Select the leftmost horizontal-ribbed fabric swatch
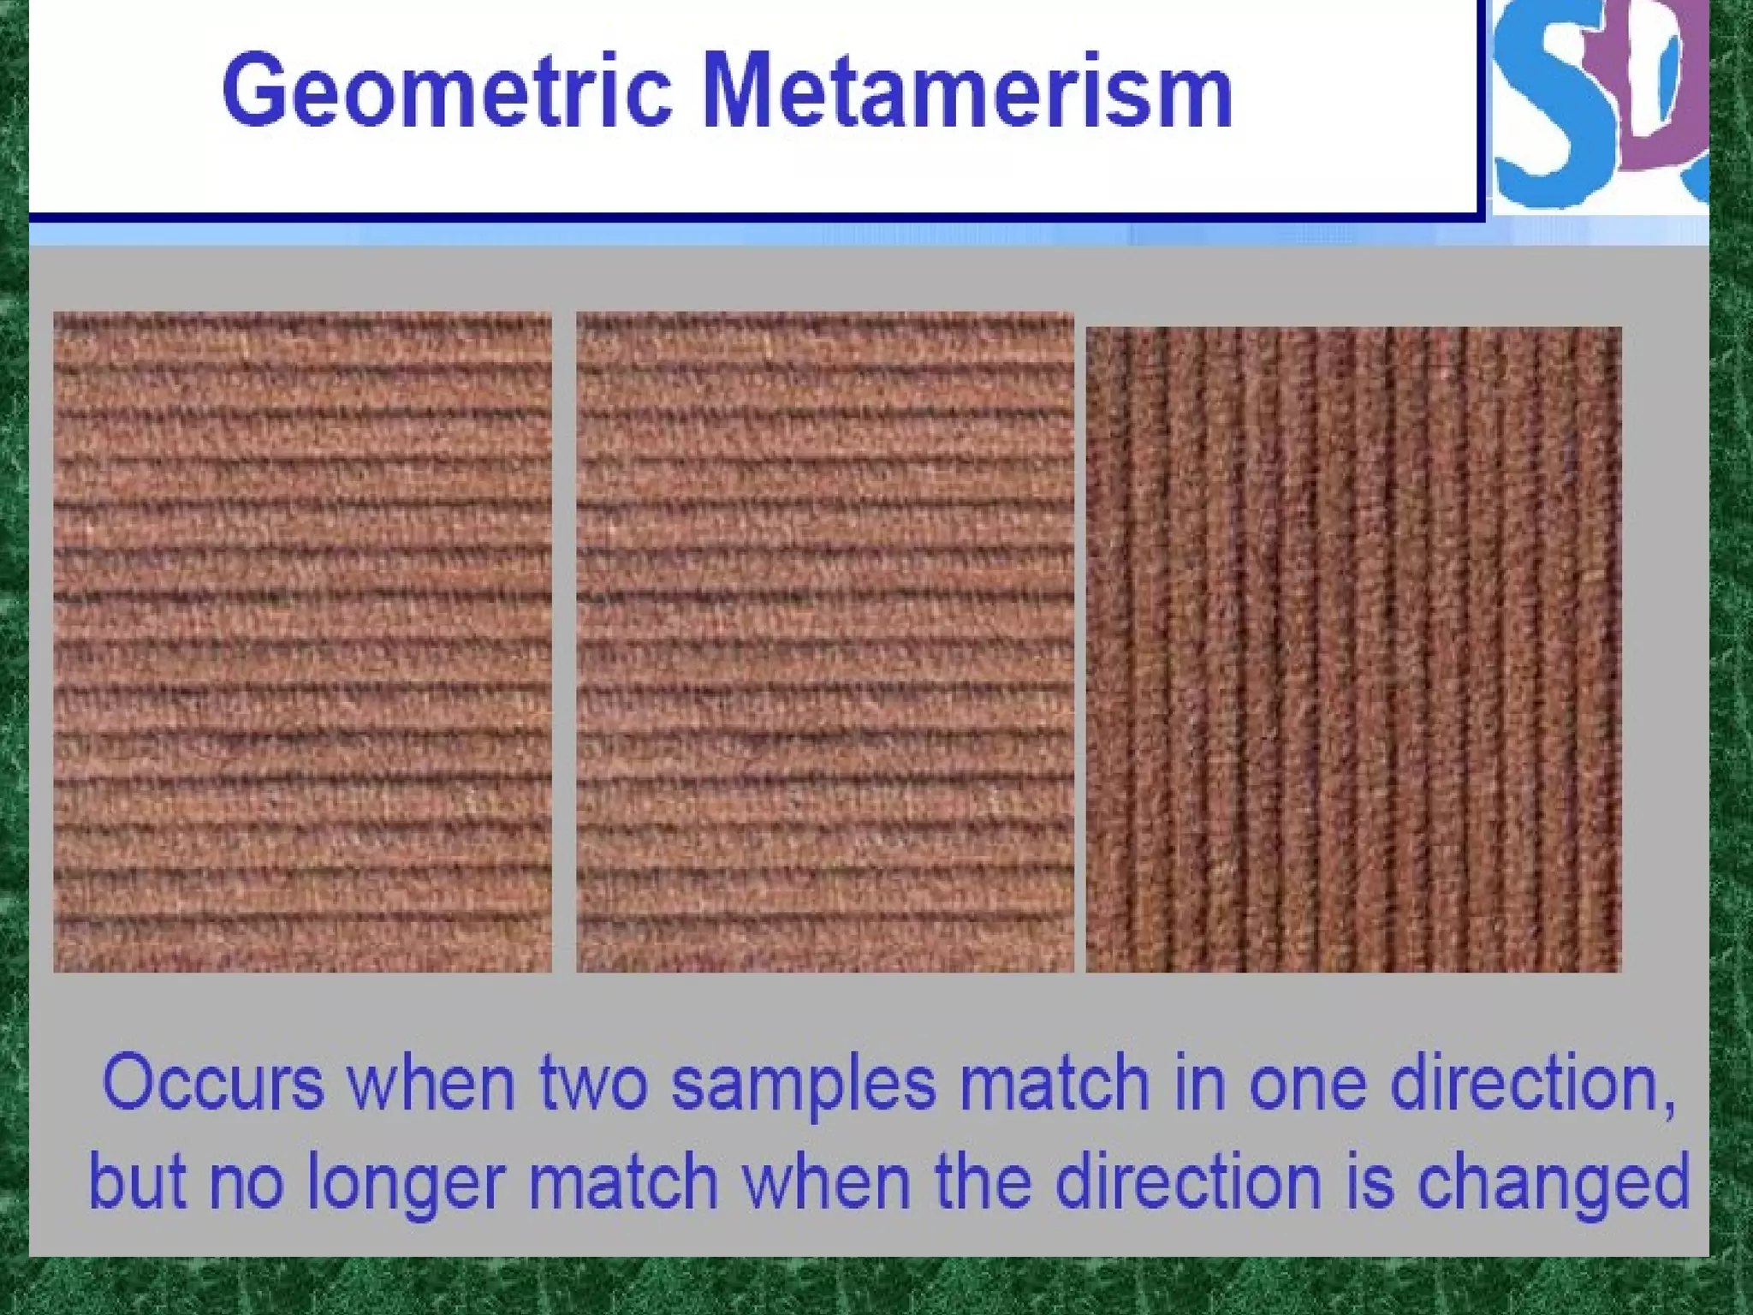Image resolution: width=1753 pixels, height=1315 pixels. click(302, 642)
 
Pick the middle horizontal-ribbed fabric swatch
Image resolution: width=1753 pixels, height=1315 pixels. click(825, 642)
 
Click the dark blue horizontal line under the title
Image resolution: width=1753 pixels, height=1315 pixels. click(753, 217)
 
